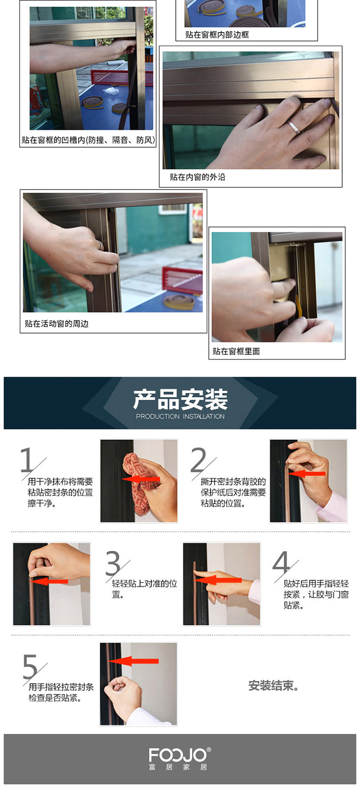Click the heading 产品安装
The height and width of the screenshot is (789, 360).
coord(180,399)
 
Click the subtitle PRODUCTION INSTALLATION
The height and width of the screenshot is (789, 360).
coord(180,417)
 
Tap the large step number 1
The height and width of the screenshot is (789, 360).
coord(27,460)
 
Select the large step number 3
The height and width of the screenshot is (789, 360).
coord(113,563)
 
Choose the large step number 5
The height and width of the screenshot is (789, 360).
coord(30,666)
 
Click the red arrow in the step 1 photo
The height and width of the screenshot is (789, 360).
coord(141,479)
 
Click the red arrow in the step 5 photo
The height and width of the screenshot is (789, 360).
coord(134,661)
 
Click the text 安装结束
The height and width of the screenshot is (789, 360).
coord(273,685)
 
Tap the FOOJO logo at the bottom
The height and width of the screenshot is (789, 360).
coord(180,755)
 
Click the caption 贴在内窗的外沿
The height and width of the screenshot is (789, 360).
coord(197,177)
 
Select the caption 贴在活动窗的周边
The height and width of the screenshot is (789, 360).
coord(56,323)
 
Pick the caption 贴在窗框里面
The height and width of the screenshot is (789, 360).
coord(236,351)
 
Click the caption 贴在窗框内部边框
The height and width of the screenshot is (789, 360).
coord(217,35)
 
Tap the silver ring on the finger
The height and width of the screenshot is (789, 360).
coord(294,127)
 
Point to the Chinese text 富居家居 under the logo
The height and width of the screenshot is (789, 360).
coord(178,767)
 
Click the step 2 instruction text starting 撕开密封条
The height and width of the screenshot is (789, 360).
coord(233,492)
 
